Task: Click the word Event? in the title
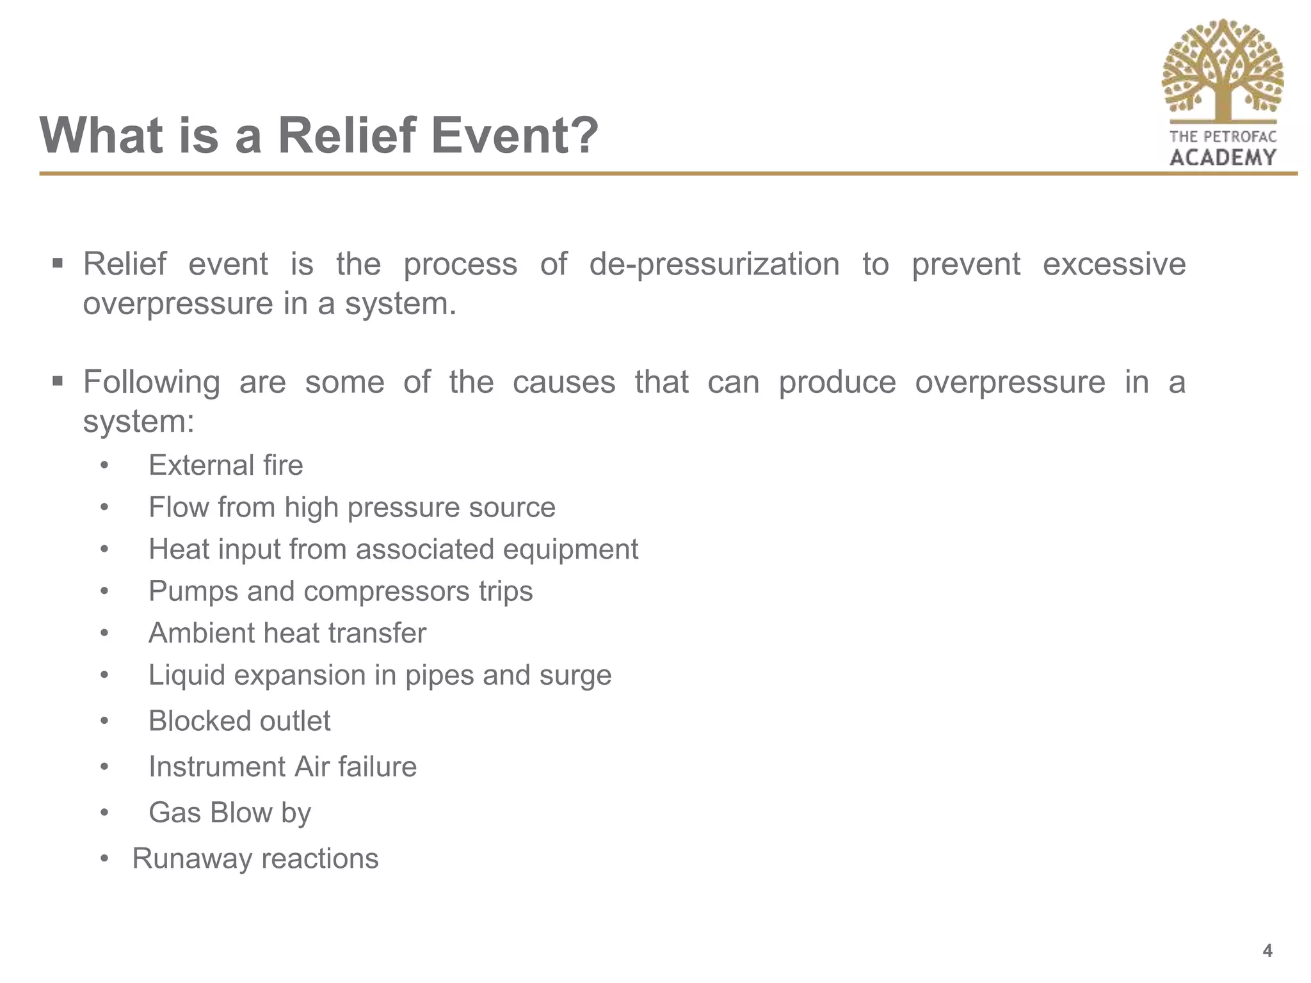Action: [x=515, y=136]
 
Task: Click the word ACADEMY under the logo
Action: [x=1223, y=157]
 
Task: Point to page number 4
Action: [x=1267, y=950]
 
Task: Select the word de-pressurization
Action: [x=714, y=264]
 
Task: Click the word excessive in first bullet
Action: [x=1114, y=264]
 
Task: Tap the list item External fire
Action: [x=225, y=465]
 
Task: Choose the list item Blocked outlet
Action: [x=239, y=721]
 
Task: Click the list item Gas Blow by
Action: [x=229, y=813]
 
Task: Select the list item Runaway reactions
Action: [x=255, y=859]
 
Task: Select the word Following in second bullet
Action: [x=152, y=383]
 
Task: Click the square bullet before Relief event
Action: [x=58, y=263]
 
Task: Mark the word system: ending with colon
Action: [x=138, y=422]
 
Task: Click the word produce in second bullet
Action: [x=837, y=383]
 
